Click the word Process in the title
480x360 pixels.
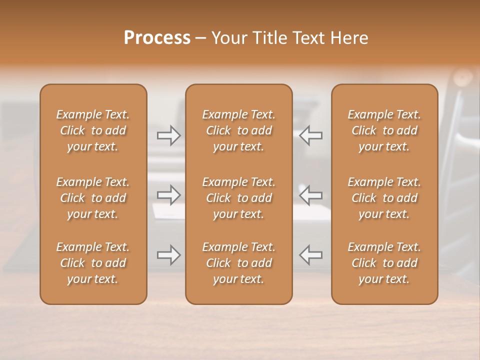tap(157, 38)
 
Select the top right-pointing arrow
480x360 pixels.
tap(169, 135)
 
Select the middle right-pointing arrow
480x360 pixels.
tap(169, 195)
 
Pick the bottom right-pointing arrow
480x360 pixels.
tap(169, 255)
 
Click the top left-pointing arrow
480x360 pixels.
tap(310, 135)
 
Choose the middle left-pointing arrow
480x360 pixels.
tap(310, 195)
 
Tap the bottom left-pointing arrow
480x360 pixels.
tap(310, 255)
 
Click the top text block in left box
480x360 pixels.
tap(93, 130)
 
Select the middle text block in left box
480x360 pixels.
tap(93, 198)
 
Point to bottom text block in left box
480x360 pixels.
tap(93, 263)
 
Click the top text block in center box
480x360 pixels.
tap(238, 130)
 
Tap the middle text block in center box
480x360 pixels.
tap(238, 198)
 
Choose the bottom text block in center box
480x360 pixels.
tap(238, 263)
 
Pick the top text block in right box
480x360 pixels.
tap(384, 130)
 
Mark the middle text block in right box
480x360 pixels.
tap(384, 198)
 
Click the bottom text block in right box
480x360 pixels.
tap(384, 263)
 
